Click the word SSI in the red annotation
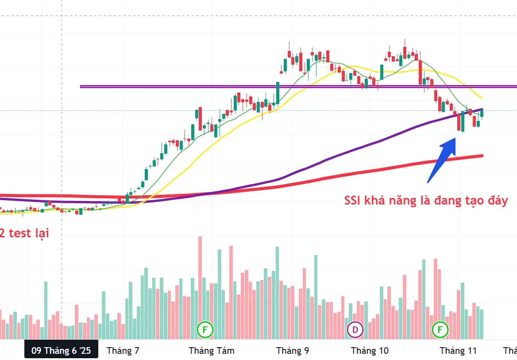(354, 200)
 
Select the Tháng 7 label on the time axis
(123, 351)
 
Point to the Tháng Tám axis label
(212, 351)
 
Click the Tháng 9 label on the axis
(293, 351)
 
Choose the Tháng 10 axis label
(370, 351)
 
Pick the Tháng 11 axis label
(458, 351)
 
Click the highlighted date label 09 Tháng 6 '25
(61, 351)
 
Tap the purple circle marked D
(355, 329)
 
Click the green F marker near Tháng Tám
(205, 329)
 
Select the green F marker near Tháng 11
(440, 329)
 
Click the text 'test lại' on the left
(29, 233)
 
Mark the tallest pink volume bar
(200, 288)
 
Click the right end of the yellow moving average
(482, 98)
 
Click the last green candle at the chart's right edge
(482, 113)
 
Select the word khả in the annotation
(380, 200)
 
